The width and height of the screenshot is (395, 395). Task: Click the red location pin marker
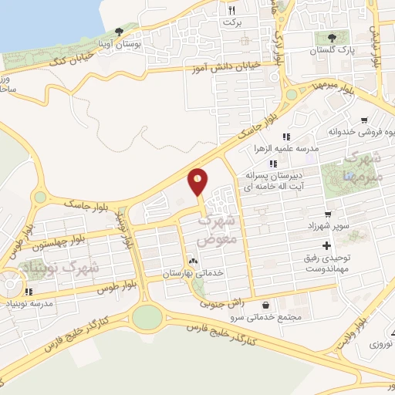(197, 183)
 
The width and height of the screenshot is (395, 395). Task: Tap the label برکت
(232, 22)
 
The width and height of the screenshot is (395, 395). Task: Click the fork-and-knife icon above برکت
(232, 10)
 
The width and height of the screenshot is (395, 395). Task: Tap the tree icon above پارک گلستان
(333, 37)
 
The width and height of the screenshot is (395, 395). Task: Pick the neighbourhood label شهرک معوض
(218, 229)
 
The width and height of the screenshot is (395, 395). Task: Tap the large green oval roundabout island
(147, 316)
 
